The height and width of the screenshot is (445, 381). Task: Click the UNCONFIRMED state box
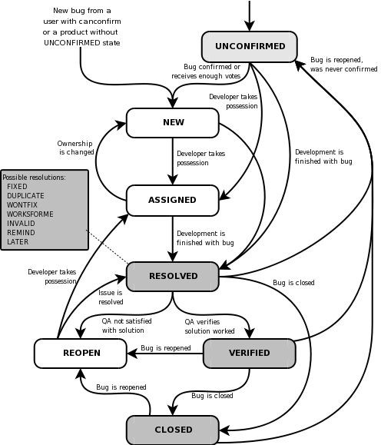click(x=250, y=46)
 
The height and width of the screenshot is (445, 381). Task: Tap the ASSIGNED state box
click(x=173, y=200)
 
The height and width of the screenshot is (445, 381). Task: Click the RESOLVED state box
click(x=173, y=276)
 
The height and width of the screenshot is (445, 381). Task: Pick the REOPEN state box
click(x=80, y=353)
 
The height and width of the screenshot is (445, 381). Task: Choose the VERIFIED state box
click(x=249, y=353)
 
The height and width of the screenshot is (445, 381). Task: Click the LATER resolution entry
click(x=18, y=241)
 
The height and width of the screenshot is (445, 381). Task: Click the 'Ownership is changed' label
click(x=75, y=147)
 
